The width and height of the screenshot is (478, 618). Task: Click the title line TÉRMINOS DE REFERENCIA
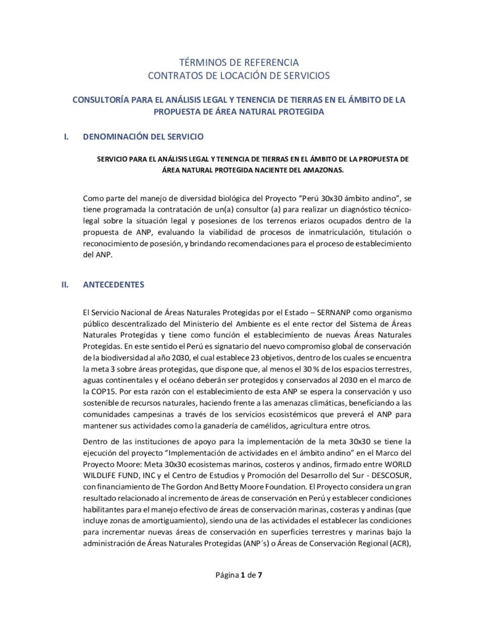click(239, 63)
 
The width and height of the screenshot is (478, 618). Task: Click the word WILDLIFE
click(102, 473)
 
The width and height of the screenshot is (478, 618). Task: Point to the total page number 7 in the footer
click(260, 575)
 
